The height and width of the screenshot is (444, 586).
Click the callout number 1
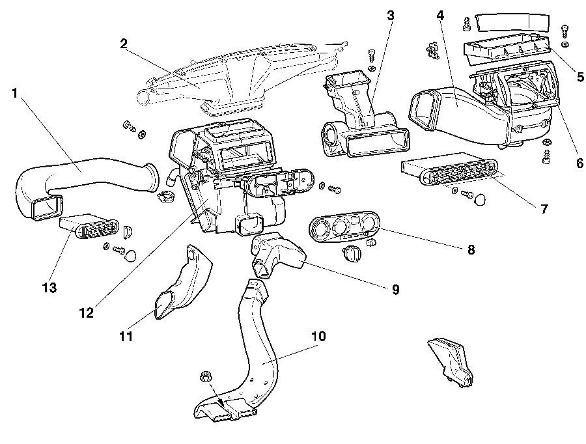click(15, 93)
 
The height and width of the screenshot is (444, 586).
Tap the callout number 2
click(123, 44)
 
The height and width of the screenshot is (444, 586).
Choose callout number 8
click(471, 249)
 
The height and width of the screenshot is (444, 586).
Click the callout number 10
click(318, 336)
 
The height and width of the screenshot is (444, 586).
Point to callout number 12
click(86, 312)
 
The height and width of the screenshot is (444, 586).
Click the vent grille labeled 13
click(91, 227)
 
